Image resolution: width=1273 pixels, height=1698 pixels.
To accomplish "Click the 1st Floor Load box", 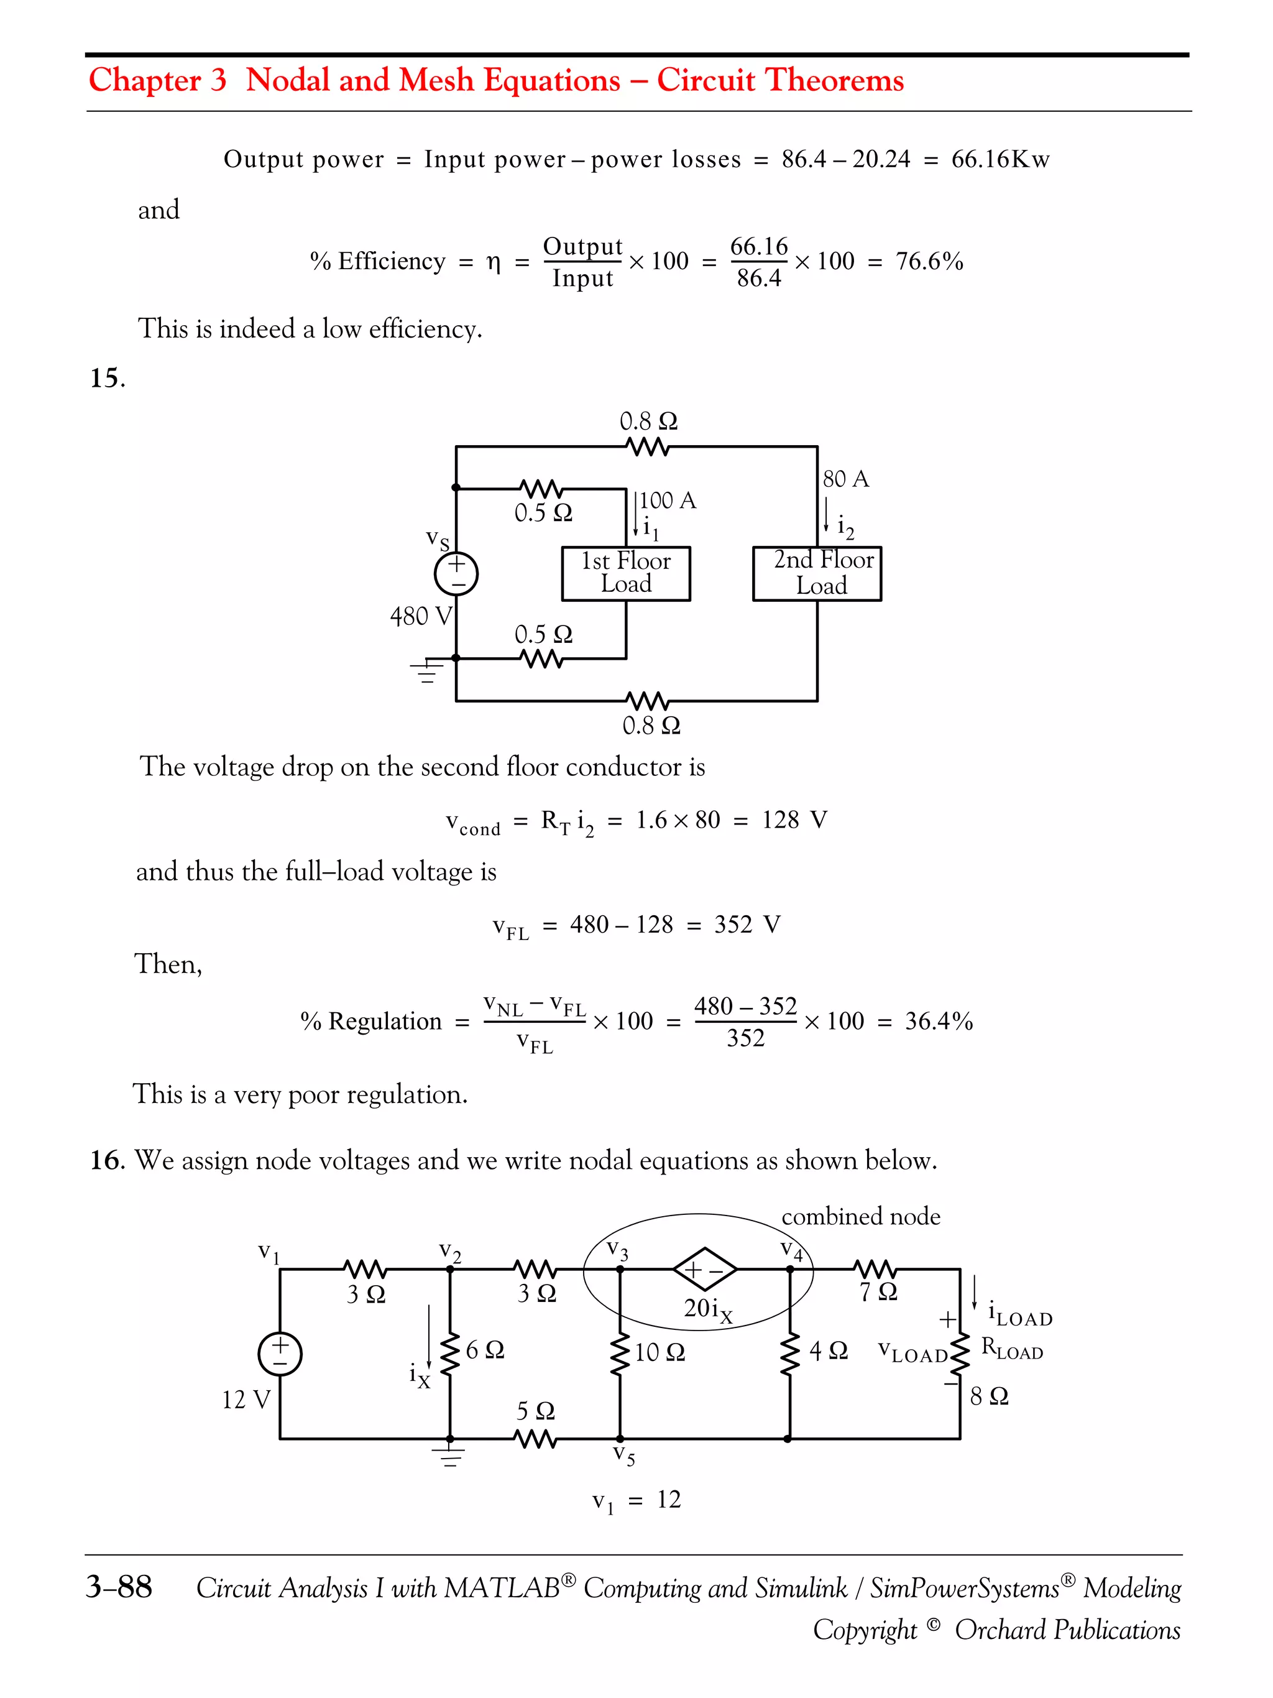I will tap(625, 573).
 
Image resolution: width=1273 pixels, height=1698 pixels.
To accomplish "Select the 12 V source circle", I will tap(280, 1354).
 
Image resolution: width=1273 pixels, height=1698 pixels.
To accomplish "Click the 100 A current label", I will tap(667, 501).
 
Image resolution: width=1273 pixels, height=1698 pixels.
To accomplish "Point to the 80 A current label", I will tap(845, 479).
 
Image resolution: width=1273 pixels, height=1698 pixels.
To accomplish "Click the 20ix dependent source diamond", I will tap(704, 1270).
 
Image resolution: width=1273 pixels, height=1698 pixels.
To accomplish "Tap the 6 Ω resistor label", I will tap(484, 1349).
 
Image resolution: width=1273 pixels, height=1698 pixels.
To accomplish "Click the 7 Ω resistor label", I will tap(877, 1292).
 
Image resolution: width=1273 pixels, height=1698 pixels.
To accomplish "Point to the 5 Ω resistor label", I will tap(535, 1410).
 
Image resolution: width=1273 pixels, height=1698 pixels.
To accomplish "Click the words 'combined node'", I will tap(860, 1216).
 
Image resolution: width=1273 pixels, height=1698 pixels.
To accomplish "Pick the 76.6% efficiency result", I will tap(929, 261).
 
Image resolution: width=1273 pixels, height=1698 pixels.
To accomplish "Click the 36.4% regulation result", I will tap(939, 1021).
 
